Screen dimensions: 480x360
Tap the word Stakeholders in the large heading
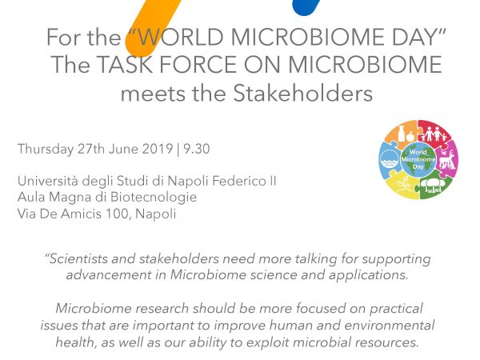pyautogui.click(x=302, y=93)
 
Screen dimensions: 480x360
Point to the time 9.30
pyautogui.click(x=197, y=149)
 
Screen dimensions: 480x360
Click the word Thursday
pyautogui.click(x=46, y=150)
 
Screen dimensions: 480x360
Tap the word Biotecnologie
pyautogui.click(x=154, y=197)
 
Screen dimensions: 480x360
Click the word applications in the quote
pyautogui.click(x=369, y=275)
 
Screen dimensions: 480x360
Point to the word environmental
pyautogui.click(x=389, y=325)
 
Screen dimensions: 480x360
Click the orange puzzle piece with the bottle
pyautogui.click(x=401, y=132)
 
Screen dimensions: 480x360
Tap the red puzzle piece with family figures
pyautogui.click(x=434, y=131)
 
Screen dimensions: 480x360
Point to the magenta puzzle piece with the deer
pyautogui.click(x=446, y=158)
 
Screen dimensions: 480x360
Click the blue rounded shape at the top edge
pyautogui.click(x=306, y=6)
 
